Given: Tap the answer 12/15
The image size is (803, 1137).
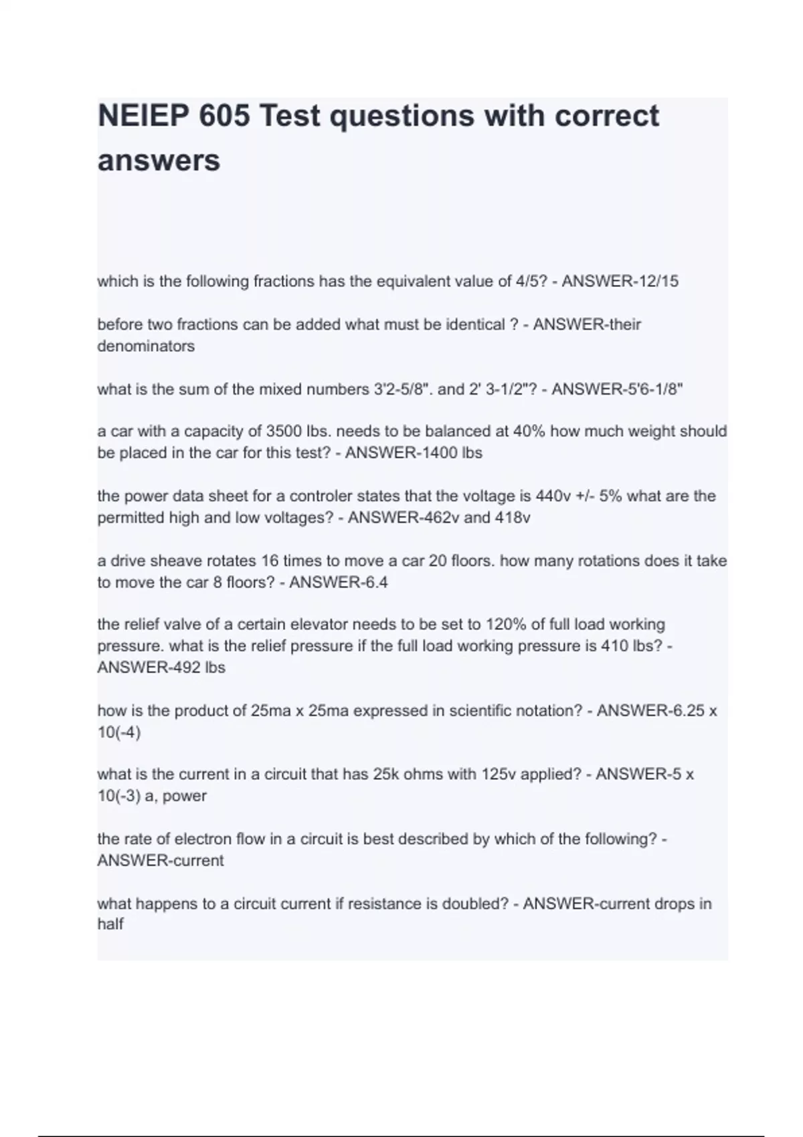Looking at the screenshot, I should (x=659, y=282).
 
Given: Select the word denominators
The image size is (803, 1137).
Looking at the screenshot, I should (x=146, y=346).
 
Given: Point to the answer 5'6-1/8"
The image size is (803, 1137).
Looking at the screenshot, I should (x=650, y=389).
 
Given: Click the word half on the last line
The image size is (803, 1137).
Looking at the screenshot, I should (x=110, y=925).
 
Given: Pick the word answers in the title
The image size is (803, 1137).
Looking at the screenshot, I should (x=159, y=161).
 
